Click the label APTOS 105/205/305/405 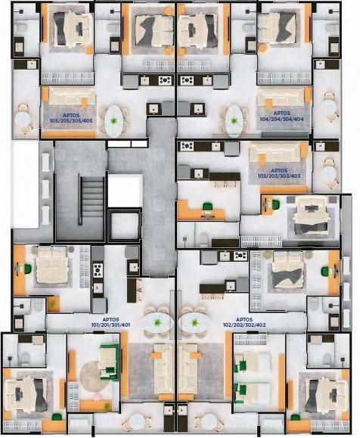pyautogui.click(x=71, y=118)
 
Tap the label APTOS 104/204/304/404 pyautogui.click(x=281, y=116)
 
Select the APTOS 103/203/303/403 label pyautogui.click(x=279, y=173)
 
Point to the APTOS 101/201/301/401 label pyautogui.click(x=110, y=322)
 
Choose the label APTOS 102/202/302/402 pyautogui.click(x=244, y=322)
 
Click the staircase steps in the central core pyautogui.click(x=92, y=200)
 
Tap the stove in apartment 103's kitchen pyautogui.click(x=187, y=146)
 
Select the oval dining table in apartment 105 pyautogui.click(x=113, y=121)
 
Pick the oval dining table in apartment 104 pyautogui.click(x=234, y=121)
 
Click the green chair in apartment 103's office pyautogui.click(x=207, y=207)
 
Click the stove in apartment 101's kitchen pyautogui.click(x=98, y=270)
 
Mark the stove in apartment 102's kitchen pyautogui.click(x=241, y=256)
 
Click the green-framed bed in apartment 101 pyautogui.click(x=109, y=363)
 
